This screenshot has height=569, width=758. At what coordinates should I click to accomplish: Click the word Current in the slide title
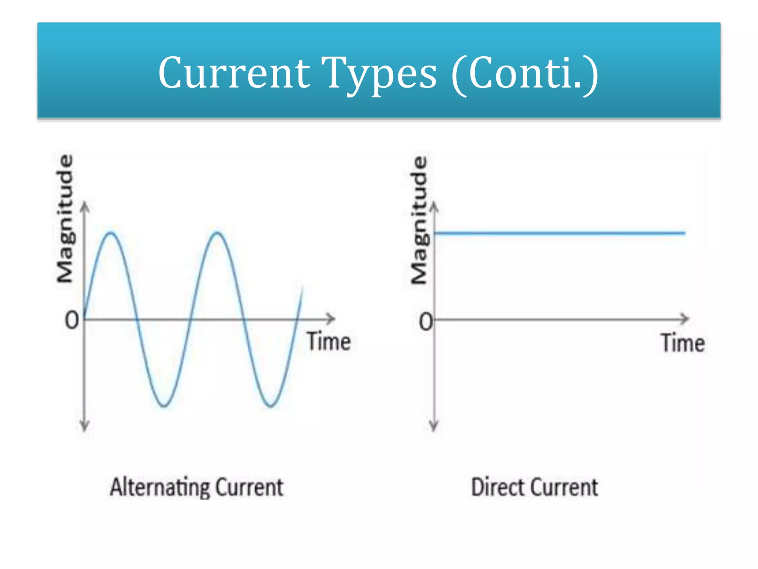click(x=234, y=73)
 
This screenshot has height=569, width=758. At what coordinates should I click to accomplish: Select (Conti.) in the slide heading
click(x=524, y=73)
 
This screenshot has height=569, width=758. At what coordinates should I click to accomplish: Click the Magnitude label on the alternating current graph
click(x=65, y=219)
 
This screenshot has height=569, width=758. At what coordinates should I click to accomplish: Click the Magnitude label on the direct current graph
click(x=420, y=220)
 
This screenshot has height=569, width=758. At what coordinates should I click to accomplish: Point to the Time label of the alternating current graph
click(x=329, y=342)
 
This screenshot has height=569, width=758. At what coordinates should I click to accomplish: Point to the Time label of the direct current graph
click(x=683, y=343)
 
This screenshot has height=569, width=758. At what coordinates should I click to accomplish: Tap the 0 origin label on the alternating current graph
click(x=72, y=320)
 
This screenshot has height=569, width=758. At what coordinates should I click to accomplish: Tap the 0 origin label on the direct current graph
click(x=426, y=322)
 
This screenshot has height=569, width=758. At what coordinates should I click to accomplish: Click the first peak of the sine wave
click(x=111, y=233)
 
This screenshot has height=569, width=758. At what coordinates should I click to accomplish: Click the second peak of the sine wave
click(x=218, y=233)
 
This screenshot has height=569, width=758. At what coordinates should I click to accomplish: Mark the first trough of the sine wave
click(x=164, y=406)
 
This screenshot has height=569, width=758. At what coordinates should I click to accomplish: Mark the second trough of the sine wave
click(x=271, y=406)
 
